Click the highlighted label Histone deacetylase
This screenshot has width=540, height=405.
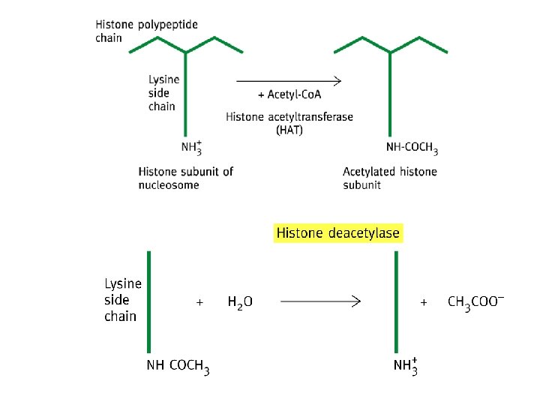coord(338,233)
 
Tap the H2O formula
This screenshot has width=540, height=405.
coord(240,302)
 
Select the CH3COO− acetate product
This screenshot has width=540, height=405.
coord(475,302)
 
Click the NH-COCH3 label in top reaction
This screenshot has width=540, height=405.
coord(412,148)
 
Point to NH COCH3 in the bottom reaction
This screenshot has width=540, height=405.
coord(178,367)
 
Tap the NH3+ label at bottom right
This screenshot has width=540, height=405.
coord(406,367)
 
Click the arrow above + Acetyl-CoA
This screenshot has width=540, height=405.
coord(289,80)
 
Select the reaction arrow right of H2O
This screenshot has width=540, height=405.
coord(320,301)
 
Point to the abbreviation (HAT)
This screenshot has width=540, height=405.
coord(289,130)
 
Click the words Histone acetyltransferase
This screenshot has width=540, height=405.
coord(289,117)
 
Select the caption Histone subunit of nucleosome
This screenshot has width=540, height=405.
coord(185,178)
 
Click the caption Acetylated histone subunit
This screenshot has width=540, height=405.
coord(389,178)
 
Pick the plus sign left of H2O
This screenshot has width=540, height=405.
coord(199,302)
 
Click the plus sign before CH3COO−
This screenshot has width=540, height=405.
coord(424,302)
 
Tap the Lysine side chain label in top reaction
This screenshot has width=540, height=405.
coord(162,93)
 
